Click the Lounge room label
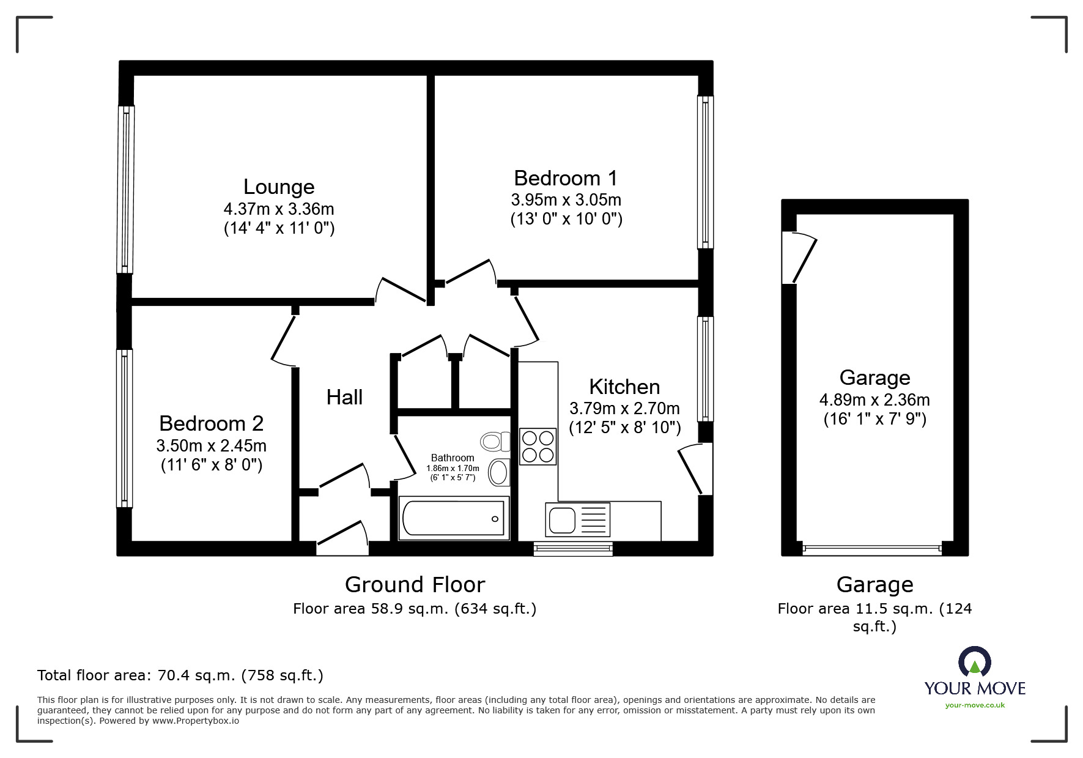pos(278,187)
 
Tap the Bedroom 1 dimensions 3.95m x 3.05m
pos(566,199)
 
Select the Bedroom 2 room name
pos(211,423)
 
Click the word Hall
pos(344,398)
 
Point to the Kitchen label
pos(624,387)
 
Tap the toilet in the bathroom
pos(495,440)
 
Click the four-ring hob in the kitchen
pos(538,447)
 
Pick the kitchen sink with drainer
pos(578,520)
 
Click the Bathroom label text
pos(453,458)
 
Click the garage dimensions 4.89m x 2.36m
pos(874,400)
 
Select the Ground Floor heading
pos(415,585)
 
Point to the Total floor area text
pos(180,675)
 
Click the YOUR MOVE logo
pos(975,679)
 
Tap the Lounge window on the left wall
pos(125,190)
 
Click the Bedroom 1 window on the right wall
pos(706,172)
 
